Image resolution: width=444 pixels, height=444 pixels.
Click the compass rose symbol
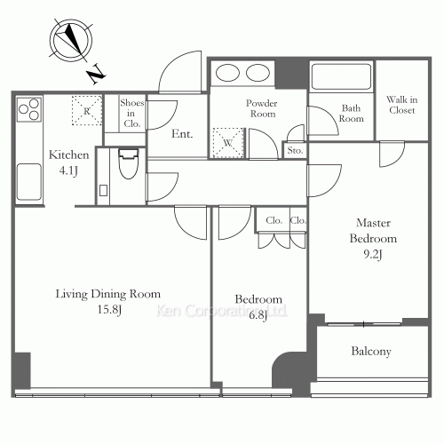pyautogui.click(x=71, y=41)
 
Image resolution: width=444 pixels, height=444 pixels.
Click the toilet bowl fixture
pyautogui.click(x=129, y=163)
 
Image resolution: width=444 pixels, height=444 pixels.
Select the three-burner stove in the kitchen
pyautogui.click(x=28, y=109)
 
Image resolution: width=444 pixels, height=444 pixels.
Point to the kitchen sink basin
pyautogui.click(x=28, y=182)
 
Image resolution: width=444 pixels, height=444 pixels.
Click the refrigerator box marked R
pyautogui.click(x=87, y=110)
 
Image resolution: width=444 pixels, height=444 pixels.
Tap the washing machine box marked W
pyautogui.click(x=229, y=143)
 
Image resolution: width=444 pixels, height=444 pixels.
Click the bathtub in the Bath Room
pyautogui.click(x=341, y=76)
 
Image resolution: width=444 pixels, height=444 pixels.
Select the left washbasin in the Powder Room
pyautogui.click(x=227, y=73)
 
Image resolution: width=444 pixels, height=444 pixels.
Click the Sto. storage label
pyautogui.click(x=295, y=150)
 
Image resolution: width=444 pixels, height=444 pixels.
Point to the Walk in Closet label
pyautogui.click(x=402, y=105)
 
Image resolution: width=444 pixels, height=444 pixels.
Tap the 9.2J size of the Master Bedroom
pyautogui.click(x=373, y=254)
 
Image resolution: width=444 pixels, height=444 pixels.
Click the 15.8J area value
pyautogui.click(x=110, y=310)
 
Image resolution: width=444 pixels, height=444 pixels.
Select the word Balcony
pyautogui.click(x=371, y=352)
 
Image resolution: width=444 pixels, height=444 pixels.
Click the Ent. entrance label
pyautogui.click(x=182, y=134)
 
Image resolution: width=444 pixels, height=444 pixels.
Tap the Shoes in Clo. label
pyautogui.click(x=132, y=113)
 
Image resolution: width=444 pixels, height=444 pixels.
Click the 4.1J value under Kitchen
pyautogui.click(x=68, y=170)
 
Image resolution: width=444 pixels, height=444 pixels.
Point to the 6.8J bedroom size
pyautogui.click(x=258, y=315)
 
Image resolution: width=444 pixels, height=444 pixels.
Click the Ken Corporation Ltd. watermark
pyautogui.click(x=221, y=311)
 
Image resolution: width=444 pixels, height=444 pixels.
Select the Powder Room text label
pyautogui.click(x=262, y=108)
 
